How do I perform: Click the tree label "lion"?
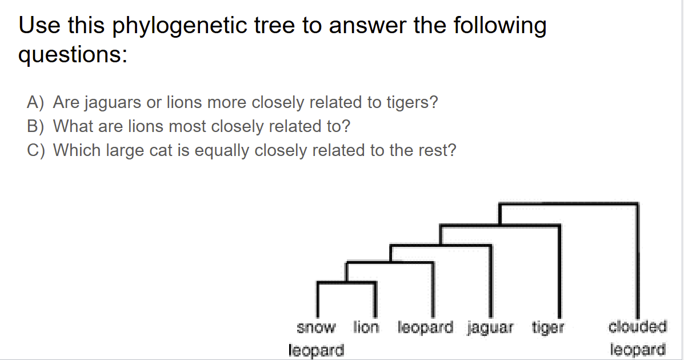[x=366, y=327]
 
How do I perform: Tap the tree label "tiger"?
[x=548, y=328]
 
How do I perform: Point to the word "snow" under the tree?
[x=316, y=328]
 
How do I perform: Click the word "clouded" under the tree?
[x=638, y=327]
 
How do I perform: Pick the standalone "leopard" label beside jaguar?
[x=425, y=327]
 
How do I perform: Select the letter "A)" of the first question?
[x=36, y=102]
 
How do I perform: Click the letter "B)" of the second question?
[x=36, y=126]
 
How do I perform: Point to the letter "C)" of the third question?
[x=36, y=150]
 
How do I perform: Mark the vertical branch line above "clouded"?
[x=638, y=257]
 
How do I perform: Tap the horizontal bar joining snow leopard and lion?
[x=346, y=282]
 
